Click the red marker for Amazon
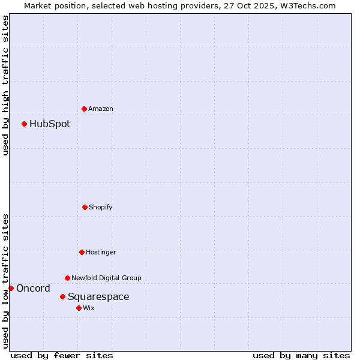[x=85, y=109]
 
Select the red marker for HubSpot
[x=25, y=124]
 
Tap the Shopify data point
[x=85, y=207]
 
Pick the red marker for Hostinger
[x=82, y=252]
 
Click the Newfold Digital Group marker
[x=67, y=278]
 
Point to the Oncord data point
[x=11, y=288]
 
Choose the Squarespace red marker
[x=62, y=296]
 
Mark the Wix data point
[x=79, y=308]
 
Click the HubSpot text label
[x=50, y=124]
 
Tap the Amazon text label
[x=101, y=109]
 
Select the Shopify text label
[x=101, y=207]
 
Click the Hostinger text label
[x=101, y=252]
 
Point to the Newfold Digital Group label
[x=106, y=278]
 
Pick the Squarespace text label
[x=98, y=297]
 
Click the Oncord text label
[x=34, y=289]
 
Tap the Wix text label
[x=89, y=308]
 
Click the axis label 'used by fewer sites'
[x=62, y=355]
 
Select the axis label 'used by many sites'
[x=301, y=355]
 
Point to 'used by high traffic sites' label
[x=5, y=86]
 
